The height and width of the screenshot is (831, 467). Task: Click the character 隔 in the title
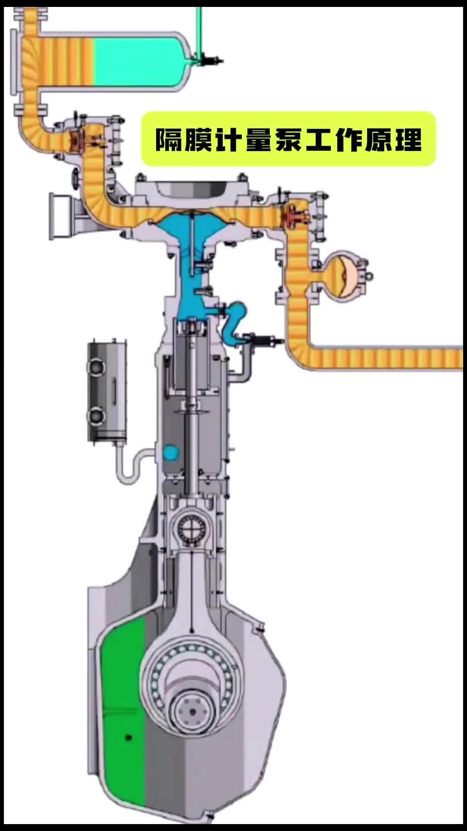click(x=169, y=139)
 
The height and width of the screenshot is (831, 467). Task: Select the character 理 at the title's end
click(x=408, y=139)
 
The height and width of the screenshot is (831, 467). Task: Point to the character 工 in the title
click(x=319, y=139)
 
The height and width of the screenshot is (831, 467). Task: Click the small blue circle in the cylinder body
click(x=170, y=453)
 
